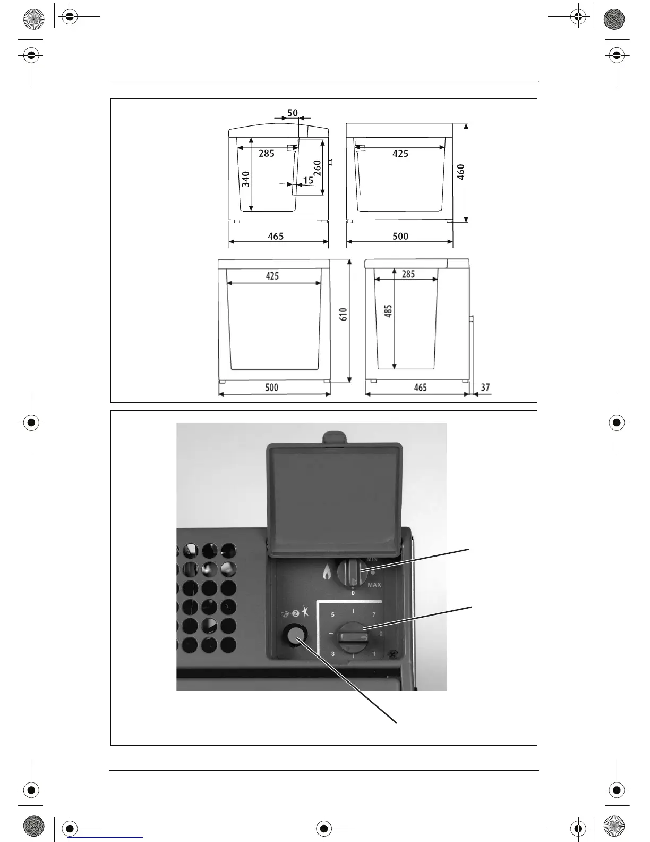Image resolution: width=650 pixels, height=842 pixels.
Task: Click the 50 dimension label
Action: [293, 113]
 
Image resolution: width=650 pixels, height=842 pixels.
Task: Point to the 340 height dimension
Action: [246, 179]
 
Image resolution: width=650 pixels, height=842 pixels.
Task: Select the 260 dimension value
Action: [317, 169]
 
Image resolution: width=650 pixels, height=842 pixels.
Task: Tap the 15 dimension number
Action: [308, 181]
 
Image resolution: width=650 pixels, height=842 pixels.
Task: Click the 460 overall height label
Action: [461, 172]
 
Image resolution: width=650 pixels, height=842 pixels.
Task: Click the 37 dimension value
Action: [485, 388]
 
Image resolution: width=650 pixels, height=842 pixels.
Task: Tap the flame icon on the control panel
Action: [327, 572]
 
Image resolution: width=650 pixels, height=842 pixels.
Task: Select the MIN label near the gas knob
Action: [372, 560]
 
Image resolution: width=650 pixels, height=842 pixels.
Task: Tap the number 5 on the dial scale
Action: [332, 615]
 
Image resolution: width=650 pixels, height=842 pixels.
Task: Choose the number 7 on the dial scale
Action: [374, 615]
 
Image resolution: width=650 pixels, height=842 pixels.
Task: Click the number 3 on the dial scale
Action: [332, 654]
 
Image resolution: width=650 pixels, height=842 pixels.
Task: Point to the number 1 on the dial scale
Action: [374, 654]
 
